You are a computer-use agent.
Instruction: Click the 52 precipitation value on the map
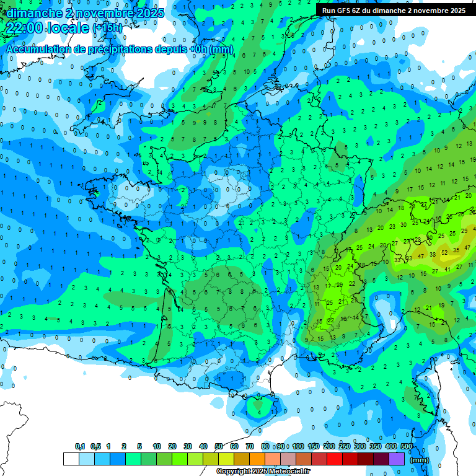tap(444, 253)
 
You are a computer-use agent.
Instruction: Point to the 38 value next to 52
tap(433, 253)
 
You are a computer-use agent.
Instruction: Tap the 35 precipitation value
tap(456, 249)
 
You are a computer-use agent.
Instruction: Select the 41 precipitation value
tap(447, 269)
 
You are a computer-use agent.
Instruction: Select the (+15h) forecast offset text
tap(107, 28)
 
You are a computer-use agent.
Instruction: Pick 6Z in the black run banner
tap(357, 11)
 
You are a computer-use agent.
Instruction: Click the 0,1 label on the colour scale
tap(79, 446)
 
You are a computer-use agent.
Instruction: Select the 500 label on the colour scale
tap(407, 446)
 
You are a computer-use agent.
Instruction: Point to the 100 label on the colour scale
tap(298, 446)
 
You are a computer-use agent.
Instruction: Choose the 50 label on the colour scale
tap(219, 446)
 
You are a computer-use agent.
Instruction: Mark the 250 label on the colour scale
tap(345, 446)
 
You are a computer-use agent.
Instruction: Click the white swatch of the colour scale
tap(71, 459)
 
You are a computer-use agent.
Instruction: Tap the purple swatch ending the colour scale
tap(397, 459)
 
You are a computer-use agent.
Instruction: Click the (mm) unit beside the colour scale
tap(420, 460)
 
